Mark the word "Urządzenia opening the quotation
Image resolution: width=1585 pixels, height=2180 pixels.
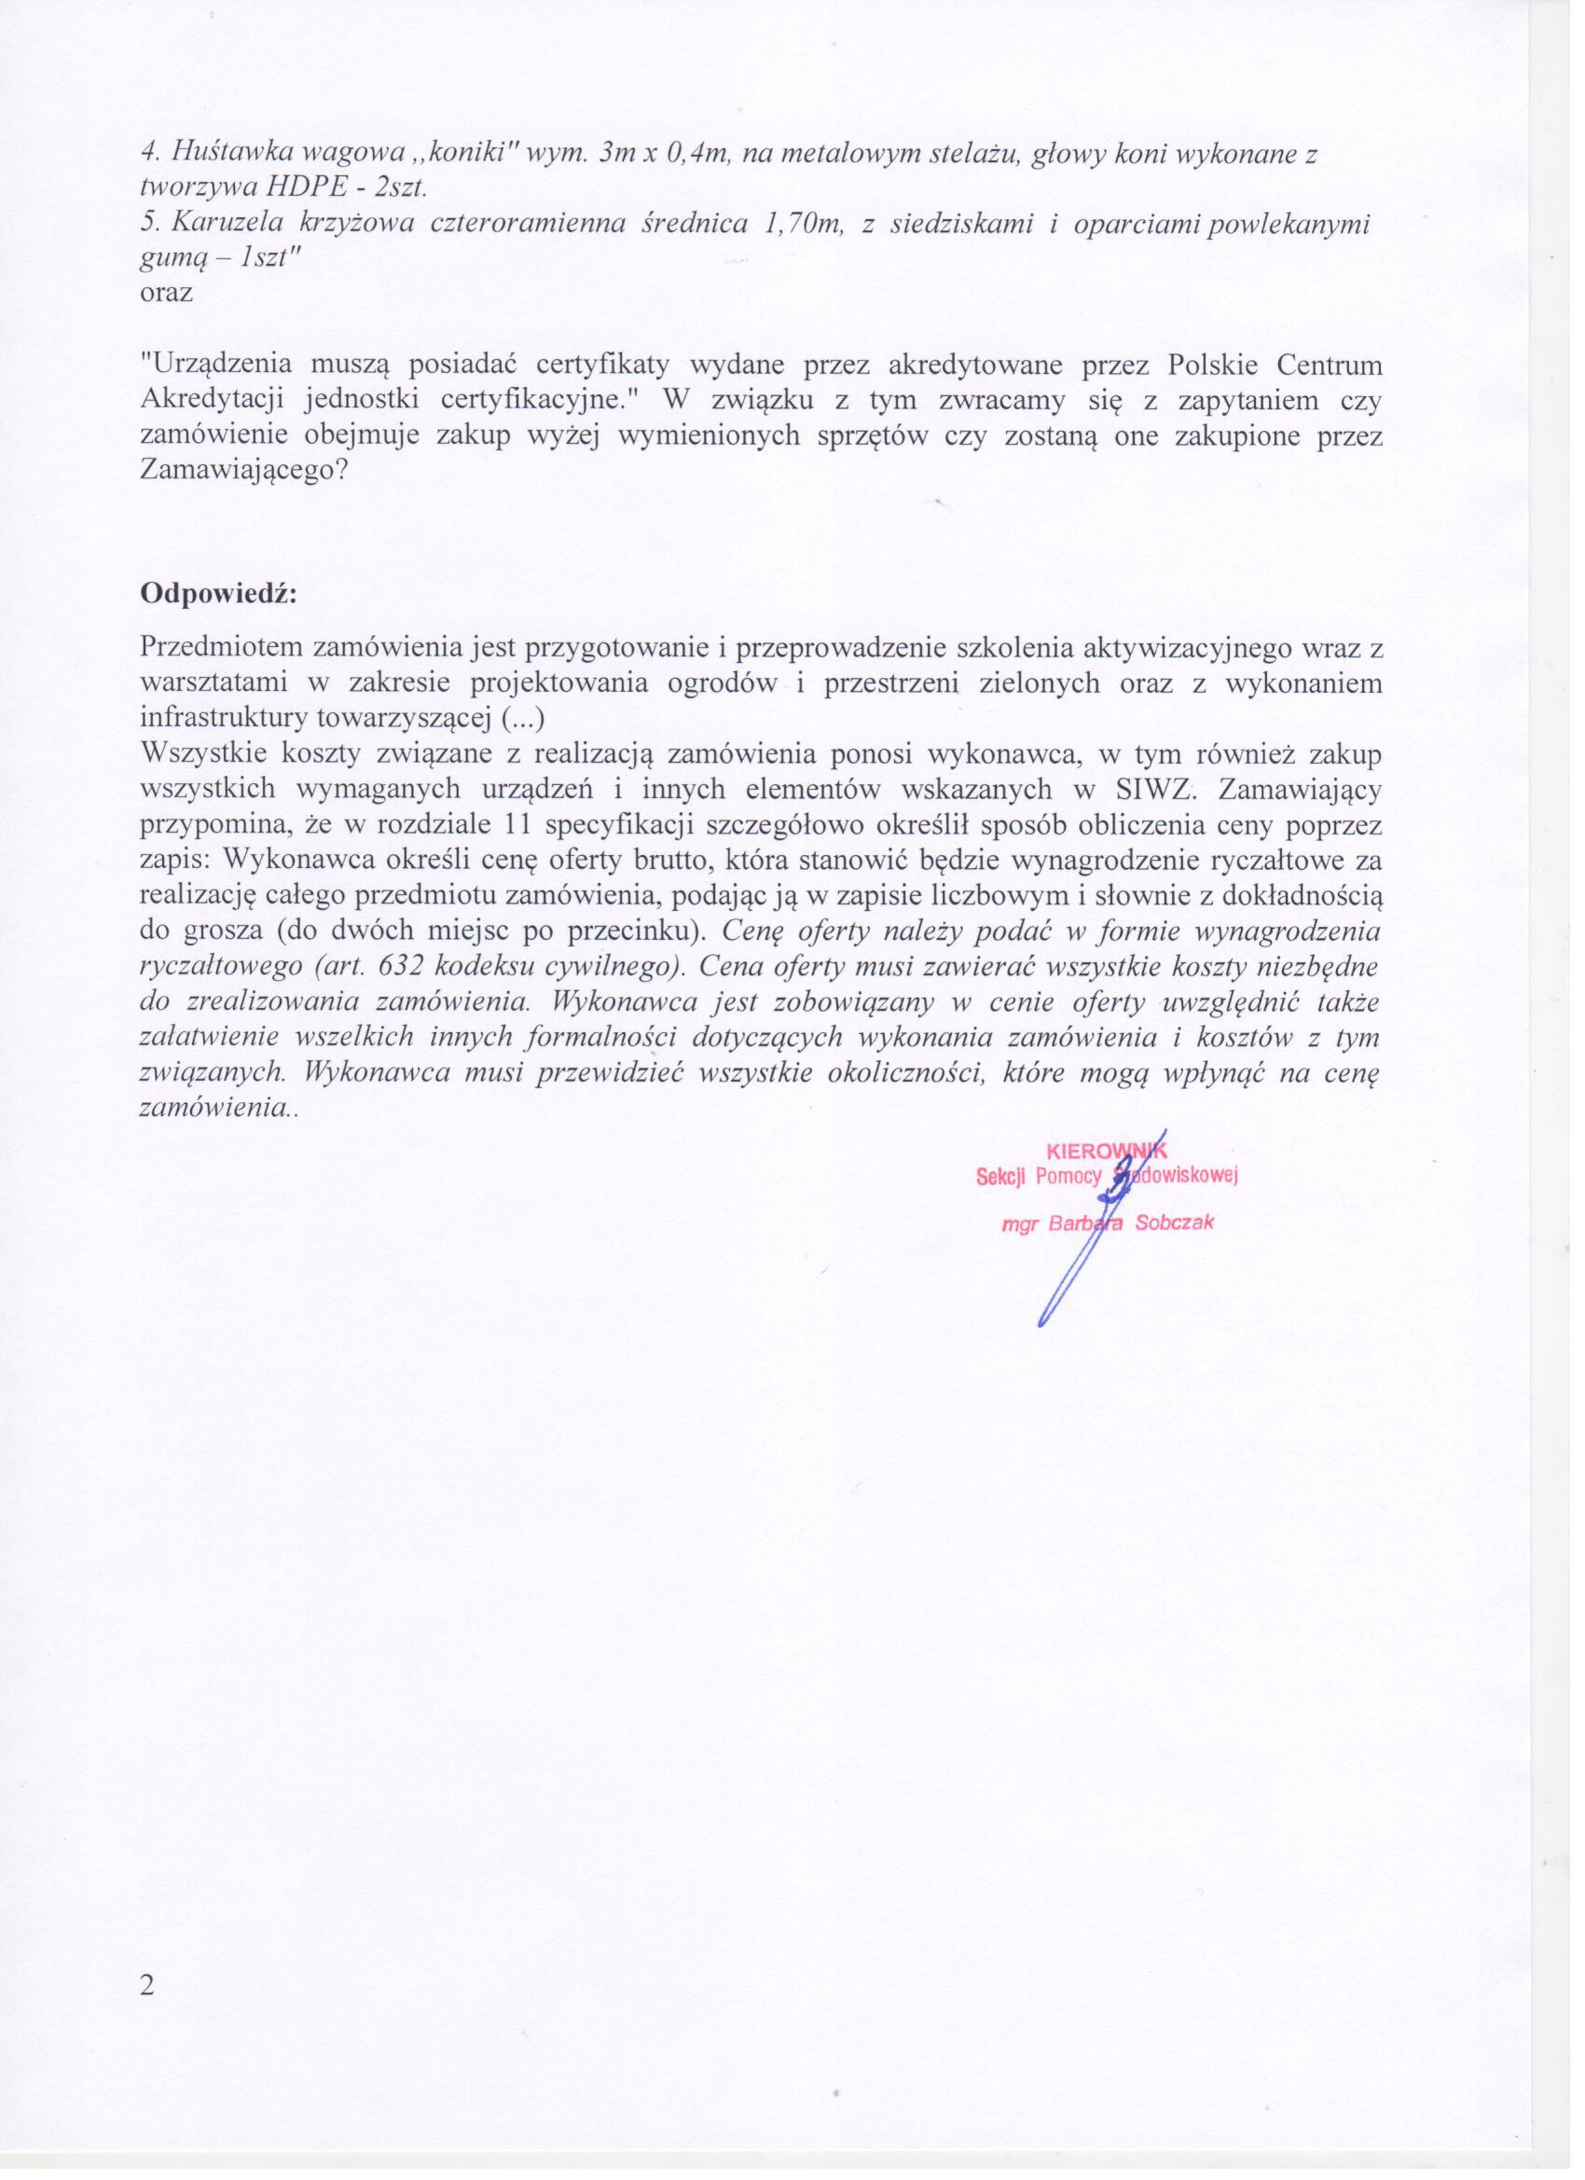(216, 366)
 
